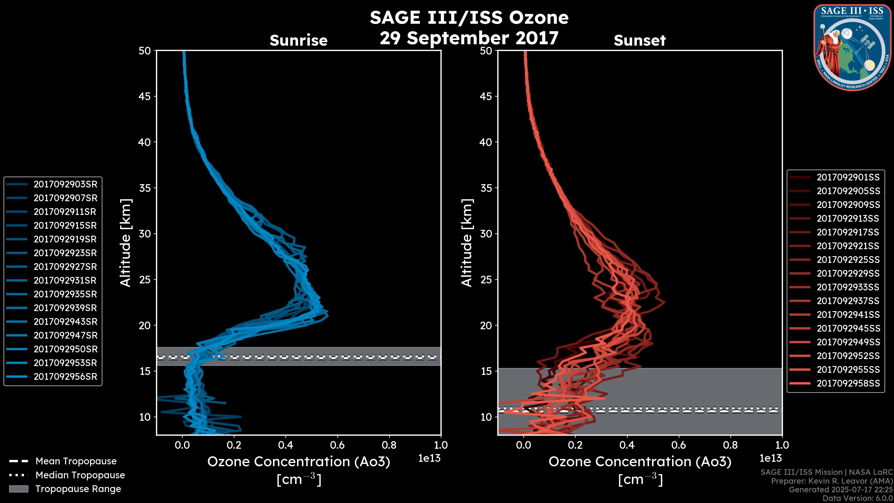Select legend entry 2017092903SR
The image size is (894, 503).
pyautogui.click(x=65, y=184)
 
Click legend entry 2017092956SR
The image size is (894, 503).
pyautogui.click(x=65, y=377)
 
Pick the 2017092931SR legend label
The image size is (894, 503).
pyautogui.click(x=65, y=280)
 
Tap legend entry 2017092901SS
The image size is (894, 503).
pyautogui.click(x=848, y=177)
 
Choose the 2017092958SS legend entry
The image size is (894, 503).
pyautogui.click(x=848, y=383)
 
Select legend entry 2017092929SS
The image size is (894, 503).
pyautogui.click(x=848, y=274)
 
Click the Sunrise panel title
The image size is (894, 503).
pyautogui.click(x=298, y=41)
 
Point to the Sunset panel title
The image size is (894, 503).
pyautogui.click(x=639, y=41)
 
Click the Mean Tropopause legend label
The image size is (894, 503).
pyautogui.click(x=76, y=461)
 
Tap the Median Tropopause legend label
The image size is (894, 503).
pyautogui.click(x=80, y=475)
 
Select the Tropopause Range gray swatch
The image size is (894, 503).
pyautogui.click(x=18, y=489)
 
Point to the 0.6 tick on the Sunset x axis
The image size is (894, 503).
pyautogui.click(x=678, y=445)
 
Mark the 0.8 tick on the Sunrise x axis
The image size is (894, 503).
pyautogui.click(x=389, y=445)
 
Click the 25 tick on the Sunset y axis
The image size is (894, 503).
pyautogui.click(x=486, y=280)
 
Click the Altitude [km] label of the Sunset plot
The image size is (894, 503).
pyautogui.click(x=467, y=243)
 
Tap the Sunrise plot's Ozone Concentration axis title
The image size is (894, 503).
pyautogui.click(x=298, y=462)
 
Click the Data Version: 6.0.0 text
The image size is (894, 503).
pyautogui.click(x=858, y=498)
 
